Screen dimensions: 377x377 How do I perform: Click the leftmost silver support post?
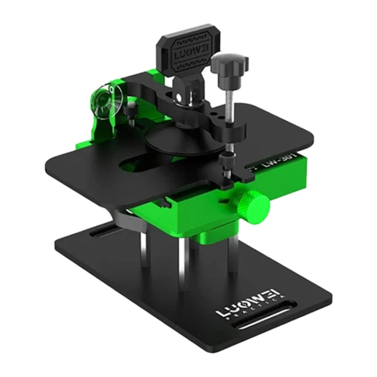tap(145, 246)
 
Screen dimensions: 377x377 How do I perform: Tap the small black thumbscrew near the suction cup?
tap(131, 108)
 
